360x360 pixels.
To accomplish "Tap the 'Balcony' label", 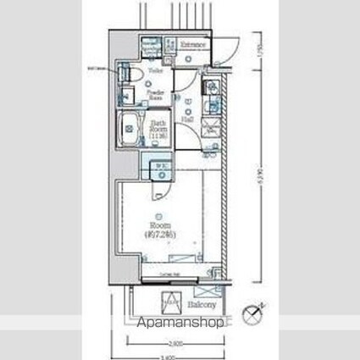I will tap(202, 303).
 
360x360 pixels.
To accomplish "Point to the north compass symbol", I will tap(253, 314).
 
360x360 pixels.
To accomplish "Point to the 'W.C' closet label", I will tap(160, 166).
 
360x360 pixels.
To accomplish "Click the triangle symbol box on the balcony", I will tap(170, 300).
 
